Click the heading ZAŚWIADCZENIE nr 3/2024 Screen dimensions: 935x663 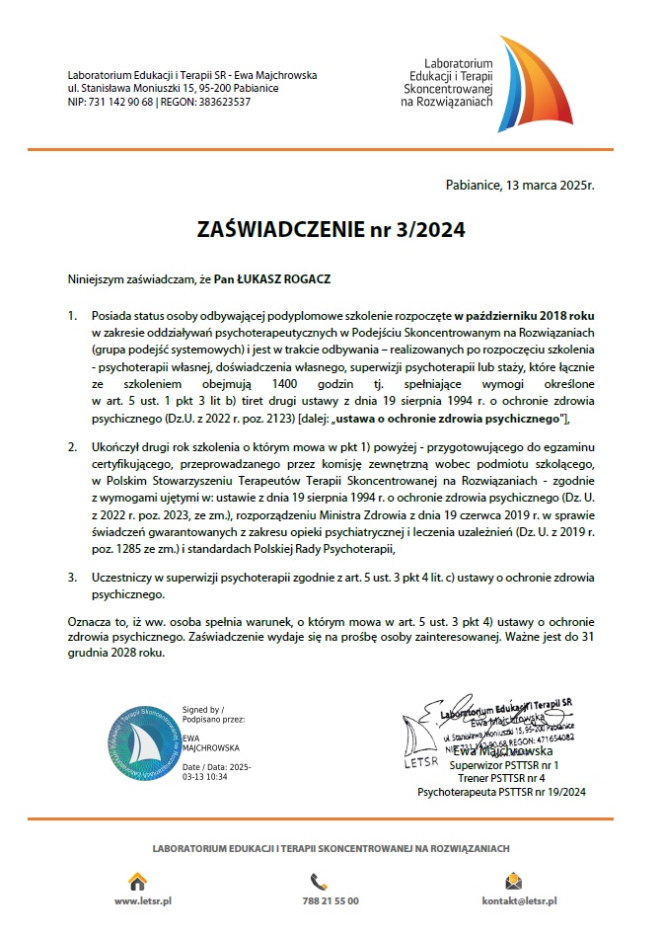331,229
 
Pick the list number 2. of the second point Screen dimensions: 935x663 72,446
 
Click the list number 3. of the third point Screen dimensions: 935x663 72,576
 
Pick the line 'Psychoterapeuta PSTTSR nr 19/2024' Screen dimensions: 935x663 502,790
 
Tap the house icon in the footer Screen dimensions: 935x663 138,881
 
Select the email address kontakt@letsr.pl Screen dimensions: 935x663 519,901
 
